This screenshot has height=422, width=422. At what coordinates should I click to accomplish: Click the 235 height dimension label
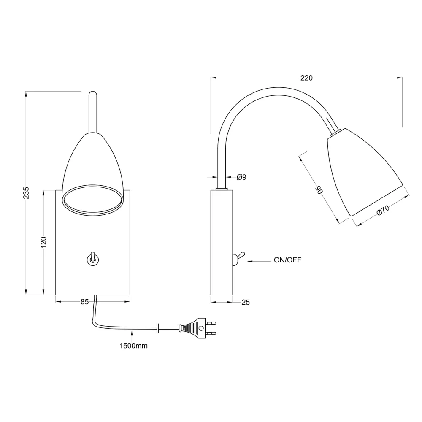(26, 193)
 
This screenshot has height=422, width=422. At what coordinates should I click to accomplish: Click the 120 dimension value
(43, 242)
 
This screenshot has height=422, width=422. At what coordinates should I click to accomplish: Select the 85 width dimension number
(84, 302)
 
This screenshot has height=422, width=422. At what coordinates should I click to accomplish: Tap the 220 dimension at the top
(306, 78)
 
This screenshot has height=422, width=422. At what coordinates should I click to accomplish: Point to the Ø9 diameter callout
(241, 177)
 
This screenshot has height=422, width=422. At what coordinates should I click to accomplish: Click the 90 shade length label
(319, 190)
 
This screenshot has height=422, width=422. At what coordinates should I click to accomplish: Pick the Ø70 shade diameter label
(383, 210)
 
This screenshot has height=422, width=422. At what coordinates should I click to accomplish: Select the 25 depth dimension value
(246, 302)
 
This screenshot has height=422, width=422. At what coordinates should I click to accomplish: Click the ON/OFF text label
(287, 260)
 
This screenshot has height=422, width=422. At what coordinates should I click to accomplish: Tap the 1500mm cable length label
(133, 346)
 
